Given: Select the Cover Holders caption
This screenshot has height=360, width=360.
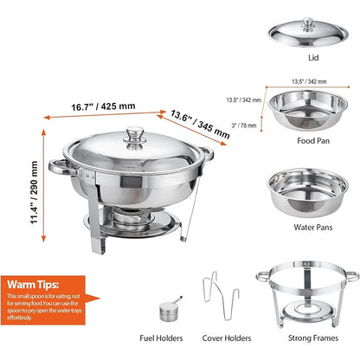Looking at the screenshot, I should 226,338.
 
